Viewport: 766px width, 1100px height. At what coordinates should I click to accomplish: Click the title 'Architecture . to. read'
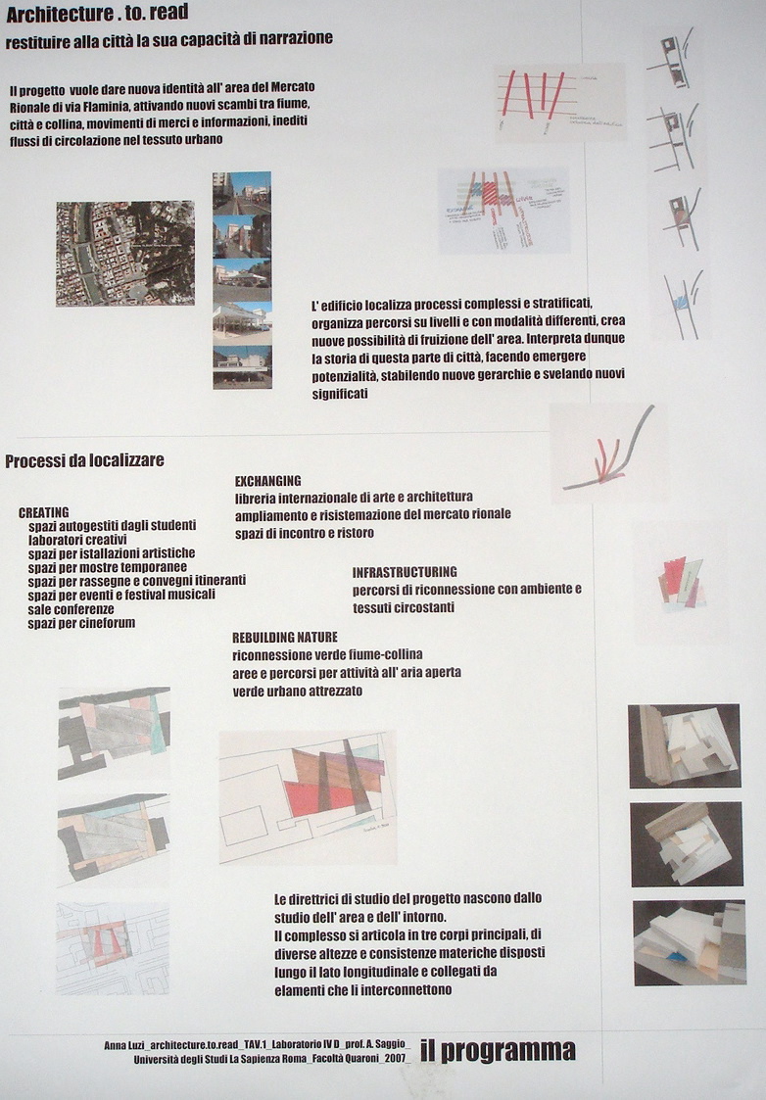(97, 13)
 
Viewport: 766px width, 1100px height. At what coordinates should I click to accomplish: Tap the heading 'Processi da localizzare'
(84, 460)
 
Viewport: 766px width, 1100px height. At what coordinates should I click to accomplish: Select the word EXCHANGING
(267, 481)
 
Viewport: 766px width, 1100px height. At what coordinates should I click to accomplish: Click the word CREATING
(43, 512)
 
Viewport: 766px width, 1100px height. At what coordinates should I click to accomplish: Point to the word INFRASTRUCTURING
(405, 572)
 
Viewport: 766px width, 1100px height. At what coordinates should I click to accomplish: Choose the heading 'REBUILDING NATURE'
(284, 637)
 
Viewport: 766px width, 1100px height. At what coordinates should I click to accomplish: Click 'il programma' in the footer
(498, 1051)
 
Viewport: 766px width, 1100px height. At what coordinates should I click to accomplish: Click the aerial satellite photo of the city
(124, 254)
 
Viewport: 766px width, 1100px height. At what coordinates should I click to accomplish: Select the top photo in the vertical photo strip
(242, 192)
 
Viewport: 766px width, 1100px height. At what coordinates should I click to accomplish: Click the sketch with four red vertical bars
(559, 102)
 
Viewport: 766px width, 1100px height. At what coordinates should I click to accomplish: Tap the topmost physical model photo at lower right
(684, 745)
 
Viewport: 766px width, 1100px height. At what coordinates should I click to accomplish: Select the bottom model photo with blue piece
(689, 942)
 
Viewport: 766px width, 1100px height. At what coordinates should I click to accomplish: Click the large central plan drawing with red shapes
(308, 795)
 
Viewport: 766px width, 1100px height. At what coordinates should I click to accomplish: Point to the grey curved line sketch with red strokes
(607, 453)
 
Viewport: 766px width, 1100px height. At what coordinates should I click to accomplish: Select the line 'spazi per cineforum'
(81, 623)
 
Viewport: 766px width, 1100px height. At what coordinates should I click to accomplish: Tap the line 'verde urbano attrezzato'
(297, 691)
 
